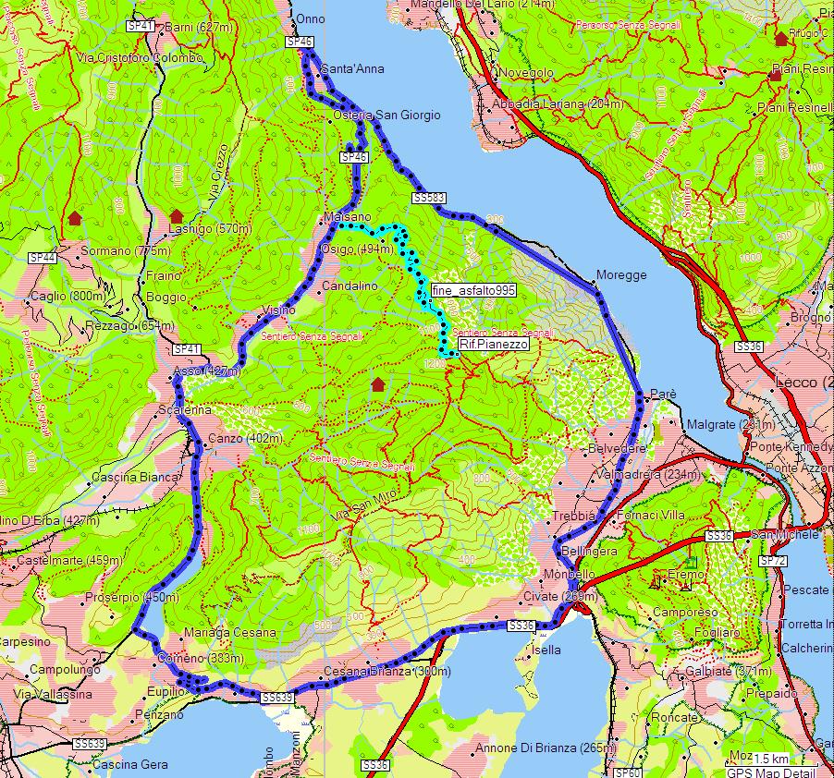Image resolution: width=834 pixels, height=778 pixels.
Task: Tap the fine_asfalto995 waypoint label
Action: click(472, 290)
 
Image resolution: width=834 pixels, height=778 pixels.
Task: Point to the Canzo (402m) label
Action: click(245, 438)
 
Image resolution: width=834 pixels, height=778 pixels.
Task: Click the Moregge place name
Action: click(621, 275)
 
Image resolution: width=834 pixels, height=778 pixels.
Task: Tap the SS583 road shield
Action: click(429, 198)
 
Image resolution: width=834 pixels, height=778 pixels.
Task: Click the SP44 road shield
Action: click(43, 258)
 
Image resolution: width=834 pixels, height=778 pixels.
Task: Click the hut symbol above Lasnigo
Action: click(177, 216)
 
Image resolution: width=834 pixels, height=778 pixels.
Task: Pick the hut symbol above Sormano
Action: click(74, 218)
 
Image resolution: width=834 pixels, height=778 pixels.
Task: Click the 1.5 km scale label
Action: click(770, 759)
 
